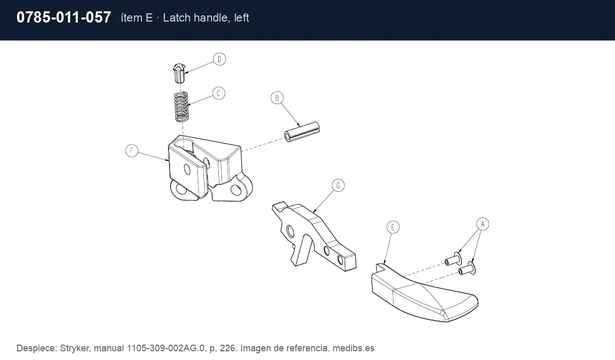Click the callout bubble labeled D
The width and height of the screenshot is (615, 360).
(220, 59)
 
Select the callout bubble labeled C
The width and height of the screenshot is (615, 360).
(219, 93)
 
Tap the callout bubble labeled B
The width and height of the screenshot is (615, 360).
(277, 98)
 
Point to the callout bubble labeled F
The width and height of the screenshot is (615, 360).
(132, 151)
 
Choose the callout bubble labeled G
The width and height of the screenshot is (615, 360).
(338, 186)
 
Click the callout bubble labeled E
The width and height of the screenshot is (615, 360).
(393, 227)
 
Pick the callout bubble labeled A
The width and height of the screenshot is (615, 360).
(483, 224)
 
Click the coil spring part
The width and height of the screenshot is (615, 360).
(181, 107)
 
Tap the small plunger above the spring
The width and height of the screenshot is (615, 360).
(179, 73)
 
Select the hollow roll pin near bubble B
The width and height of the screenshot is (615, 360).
(302, 132)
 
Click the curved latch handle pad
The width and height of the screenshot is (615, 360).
(424, 294)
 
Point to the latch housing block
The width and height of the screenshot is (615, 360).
(210, 168)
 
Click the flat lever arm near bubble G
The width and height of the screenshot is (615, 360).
(314, 236)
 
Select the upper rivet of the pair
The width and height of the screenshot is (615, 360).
(453, 259)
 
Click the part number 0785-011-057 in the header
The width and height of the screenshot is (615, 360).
(64, 17)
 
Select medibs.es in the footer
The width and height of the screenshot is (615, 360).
(353, 348)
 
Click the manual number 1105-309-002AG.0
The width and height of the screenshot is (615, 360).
(166, 348)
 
